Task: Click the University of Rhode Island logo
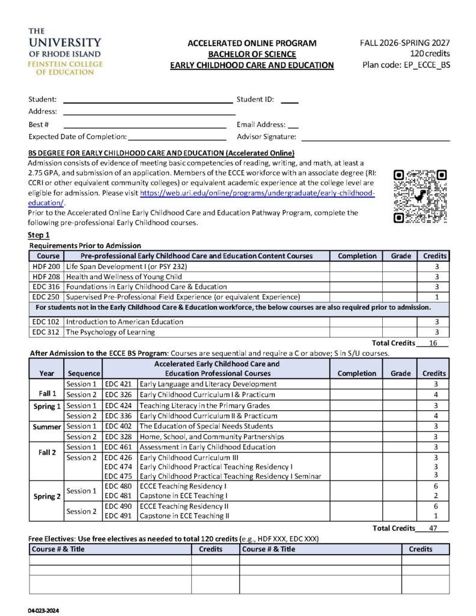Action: click(x=65, y=51)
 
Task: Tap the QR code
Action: click(x=420, y=196)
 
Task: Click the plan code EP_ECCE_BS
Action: click(x=406, y=64)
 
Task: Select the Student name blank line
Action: click(x=147, y=100)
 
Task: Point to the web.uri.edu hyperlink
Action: click(x=257, y=193)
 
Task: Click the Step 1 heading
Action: click(x=39, y=235)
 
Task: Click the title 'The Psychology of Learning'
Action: click(x=110, y=332)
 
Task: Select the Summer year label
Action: click(x=46, y=426)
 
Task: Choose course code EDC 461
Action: click(x=118, y=447)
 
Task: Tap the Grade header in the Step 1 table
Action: click(x=401, y=256)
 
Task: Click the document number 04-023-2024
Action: click(x=43, y=610)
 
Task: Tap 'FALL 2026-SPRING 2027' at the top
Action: click(x=404, y=43)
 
